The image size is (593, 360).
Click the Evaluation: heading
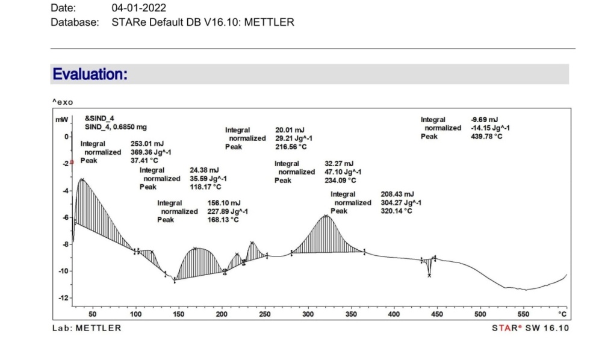[x=90, y=75]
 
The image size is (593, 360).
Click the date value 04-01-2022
[x=139, y=8]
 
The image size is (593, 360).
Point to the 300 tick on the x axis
[x=308, y=314]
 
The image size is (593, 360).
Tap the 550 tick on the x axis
[x=523, y=314]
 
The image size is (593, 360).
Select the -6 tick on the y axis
[x=67, y=217]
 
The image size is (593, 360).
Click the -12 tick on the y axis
[x=65, y=298]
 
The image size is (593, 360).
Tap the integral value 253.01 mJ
[x=147, y=144]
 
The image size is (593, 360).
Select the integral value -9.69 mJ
[x=484, y=120]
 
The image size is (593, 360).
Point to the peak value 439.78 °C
[x=486, y=137]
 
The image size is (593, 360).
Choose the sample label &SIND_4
[x=99, y=119]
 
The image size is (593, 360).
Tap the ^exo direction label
[x=63, y=102]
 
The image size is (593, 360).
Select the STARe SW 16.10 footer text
[x=530, y=328]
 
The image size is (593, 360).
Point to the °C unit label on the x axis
[x=562, y=314]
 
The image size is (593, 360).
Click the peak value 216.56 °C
[x=291, y=147]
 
